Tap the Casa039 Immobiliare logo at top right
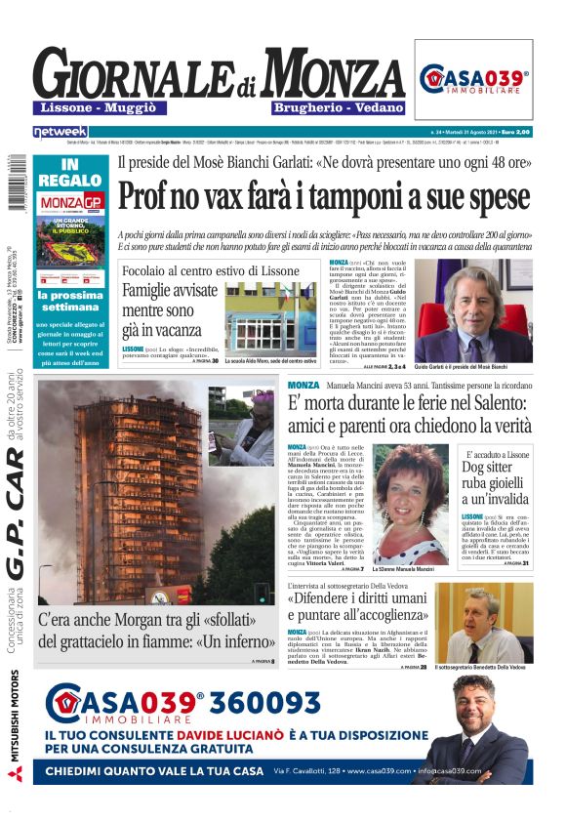473,79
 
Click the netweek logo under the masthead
61,131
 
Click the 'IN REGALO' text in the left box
69,173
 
